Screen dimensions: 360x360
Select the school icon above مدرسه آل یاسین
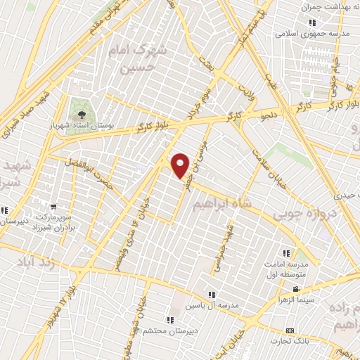tap(210, 294)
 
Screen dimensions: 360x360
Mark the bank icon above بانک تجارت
tap(290, 330)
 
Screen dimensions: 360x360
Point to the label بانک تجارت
tap(304, 342)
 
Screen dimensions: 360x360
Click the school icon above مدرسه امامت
tap(285, 253)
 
